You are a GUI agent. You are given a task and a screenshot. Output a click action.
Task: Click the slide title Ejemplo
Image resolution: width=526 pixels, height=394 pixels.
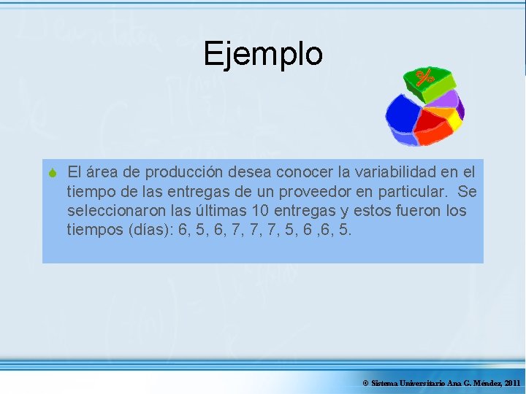(263, 54)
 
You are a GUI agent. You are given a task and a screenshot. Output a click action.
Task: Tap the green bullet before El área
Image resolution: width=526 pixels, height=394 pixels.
(53, 173)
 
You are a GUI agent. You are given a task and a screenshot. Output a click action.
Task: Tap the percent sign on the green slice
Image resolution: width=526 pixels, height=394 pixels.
(425, 77)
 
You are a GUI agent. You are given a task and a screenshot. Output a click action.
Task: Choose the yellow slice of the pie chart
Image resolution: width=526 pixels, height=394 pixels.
(451, 120)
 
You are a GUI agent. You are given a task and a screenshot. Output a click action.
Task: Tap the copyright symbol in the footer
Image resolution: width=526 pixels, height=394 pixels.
(365, 383)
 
